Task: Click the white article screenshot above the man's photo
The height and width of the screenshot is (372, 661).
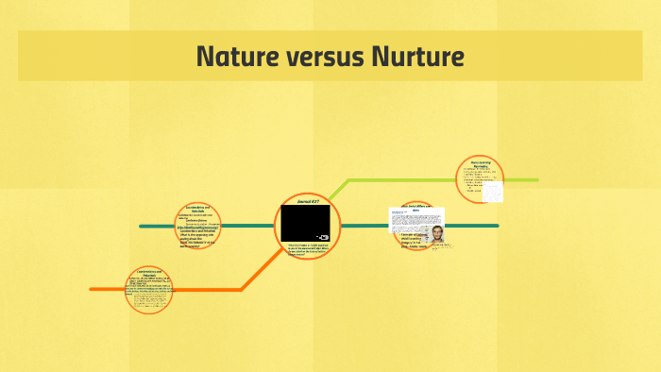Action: pos(415,216)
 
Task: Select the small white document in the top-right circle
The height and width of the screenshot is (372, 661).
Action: pos(493,191)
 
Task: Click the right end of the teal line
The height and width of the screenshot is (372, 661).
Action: pos(497,226)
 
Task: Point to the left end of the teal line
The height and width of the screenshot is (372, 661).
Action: pos(142,227)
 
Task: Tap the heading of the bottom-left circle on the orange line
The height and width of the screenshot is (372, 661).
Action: pos(148,274)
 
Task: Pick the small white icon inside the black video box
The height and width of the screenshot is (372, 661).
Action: pos(323,236)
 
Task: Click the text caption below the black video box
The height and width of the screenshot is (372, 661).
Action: pos(309,249)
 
